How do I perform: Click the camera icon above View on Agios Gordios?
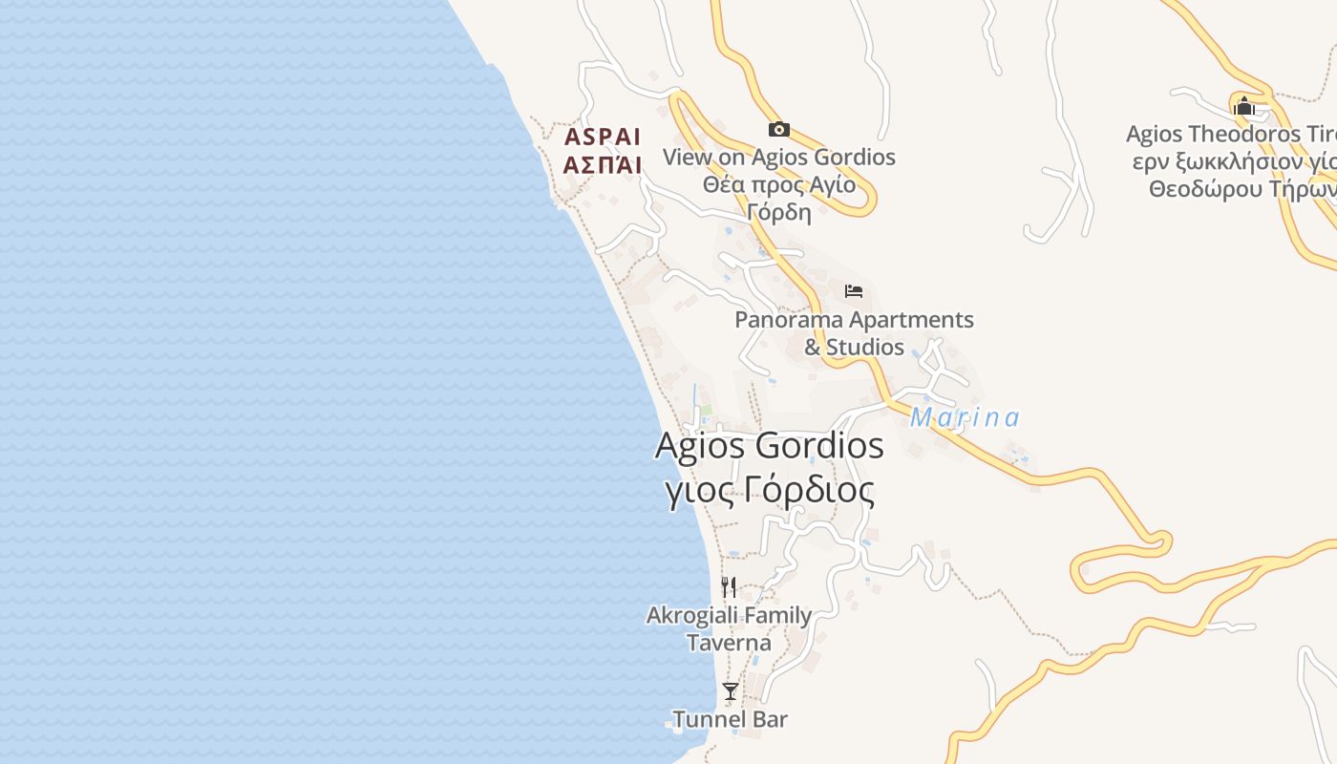click(x=779, y=129)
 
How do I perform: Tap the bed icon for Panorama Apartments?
click(x=854, y=290)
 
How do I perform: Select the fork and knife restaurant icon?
click(x=729, y=586)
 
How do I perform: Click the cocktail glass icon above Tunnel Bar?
click(x=731, y=690)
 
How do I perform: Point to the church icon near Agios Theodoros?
click(x=1243, y=105)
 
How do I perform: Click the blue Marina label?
click(x=965, y=417)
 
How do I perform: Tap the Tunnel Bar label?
click(x=730, y=719)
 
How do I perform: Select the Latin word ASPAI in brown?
click(x=602, y=137)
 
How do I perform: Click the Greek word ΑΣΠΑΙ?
click(x=602, y=165)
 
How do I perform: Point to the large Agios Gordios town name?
click(x=769, y=446)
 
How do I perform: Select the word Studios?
click(x=865, y=347)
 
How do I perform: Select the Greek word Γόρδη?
click(x=779, y=212)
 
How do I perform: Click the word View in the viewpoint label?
click(x=688, y=157)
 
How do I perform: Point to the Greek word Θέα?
click(x=724, y=184)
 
